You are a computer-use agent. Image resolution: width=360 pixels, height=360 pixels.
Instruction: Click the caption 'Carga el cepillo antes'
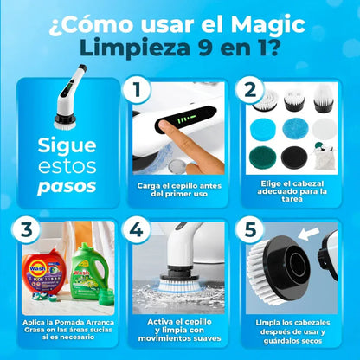(x=180, y=184)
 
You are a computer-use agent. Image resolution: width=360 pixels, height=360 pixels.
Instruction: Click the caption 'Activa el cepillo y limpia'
(x=180, y=321)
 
